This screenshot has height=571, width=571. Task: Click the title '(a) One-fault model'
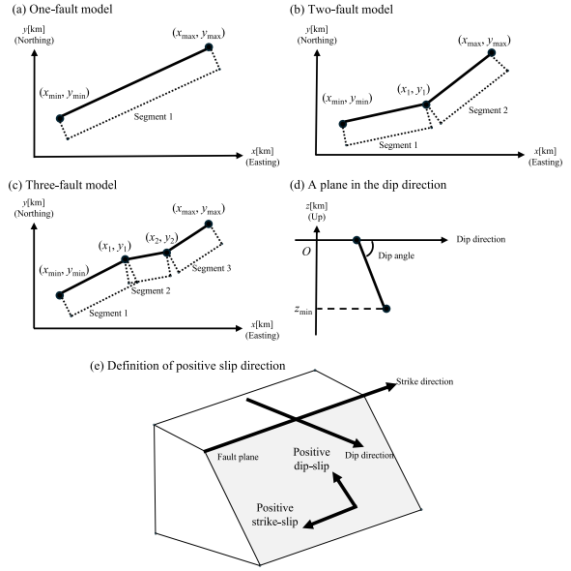pyautogui.click(x=62, y=9)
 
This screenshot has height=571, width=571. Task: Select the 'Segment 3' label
pyautogui.click(x=212, y=268)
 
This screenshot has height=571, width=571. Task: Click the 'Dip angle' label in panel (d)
pyautogui.click(x=396, y=255)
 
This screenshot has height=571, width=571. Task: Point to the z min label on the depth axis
pyautogui.click(x=303, y=310)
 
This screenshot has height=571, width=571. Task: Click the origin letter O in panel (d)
pyautogui.click(x=306, y=252)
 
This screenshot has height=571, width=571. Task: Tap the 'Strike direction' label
pyautogui.click(x=424, y=381)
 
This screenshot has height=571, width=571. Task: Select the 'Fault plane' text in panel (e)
pyautogui.click(x=238, y=457)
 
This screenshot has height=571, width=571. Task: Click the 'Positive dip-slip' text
pyautogui.click(x=312, y=459)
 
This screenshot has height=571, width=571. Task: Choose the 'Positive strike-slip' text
pyautogui.click(x=274, y=515)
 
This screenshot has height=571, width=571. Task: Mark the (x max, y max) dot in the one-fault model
pyautogui.click(x=209, y=47)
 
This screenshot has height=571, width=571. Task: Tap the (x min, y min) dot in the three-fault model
pyautogui.click(x=60, y=295)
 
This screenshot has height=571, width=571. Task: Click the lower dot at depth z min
pyautogui.click(x=386, y=309)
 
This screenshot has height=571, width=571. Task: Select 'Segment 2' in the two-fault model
pyautogui.click(x=488, y=110)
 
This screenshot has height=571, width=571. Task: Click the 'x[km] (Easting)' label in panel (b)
pyautogui.click(x=545, y=157)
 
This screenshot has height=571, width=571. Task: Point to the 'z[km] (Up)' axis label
pyautogui.click(x=317, y=211)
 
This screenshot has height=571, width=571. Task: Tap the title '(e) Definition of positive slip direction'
pyautogui.click(x=187, y=366)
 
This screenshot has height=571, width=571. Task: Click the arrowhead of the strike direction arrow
pyautogui.click(x=390, y=385)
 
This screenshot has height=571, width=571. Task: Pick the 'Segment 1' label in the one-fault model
pyautogui.click(x=154, y=117)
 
